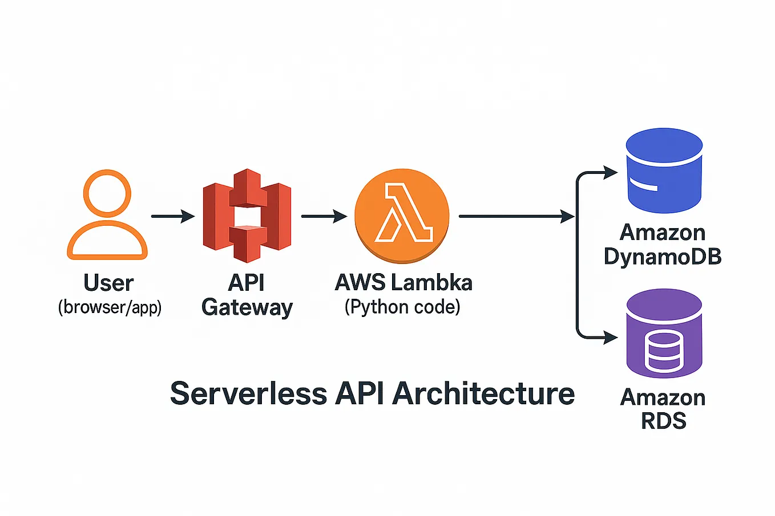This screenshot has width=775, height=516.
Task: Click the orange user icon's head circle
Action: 107,193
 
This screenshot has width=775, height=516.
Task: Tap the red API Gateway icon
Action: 247,216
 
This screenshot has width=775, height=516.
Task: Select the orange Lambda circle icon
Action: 402,216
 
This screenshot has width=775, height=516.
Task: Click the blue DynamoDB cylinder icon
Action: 664,171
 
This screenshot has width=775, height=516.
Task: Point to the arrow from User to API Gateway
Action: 172,216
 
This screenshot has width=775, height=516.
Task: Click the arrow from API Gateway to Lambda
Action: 324,216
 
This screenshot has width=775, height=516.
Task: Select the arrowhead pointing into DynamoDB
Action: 611,172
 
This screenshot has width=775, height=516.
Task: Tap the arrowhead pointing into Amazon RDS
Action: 611,338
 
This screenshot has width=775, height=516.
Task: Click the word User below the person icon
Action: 108,283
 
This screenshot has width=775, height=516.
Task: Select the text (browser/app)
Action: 110,307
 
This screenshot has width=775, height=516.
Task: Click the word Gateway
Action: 247,307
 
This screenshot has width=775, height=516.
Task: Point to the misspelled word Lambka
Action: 438,283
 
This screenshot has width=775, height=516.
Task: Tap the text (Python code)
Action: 402,307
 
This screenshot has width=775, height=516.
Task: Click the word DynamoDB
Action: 663,257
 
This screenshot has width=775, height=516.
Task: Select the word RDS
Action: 663,421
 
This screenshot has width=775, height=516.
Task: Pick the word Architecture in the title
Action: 483,393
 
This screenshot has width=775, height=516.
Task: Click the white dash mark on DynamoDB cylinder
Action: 643,185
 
